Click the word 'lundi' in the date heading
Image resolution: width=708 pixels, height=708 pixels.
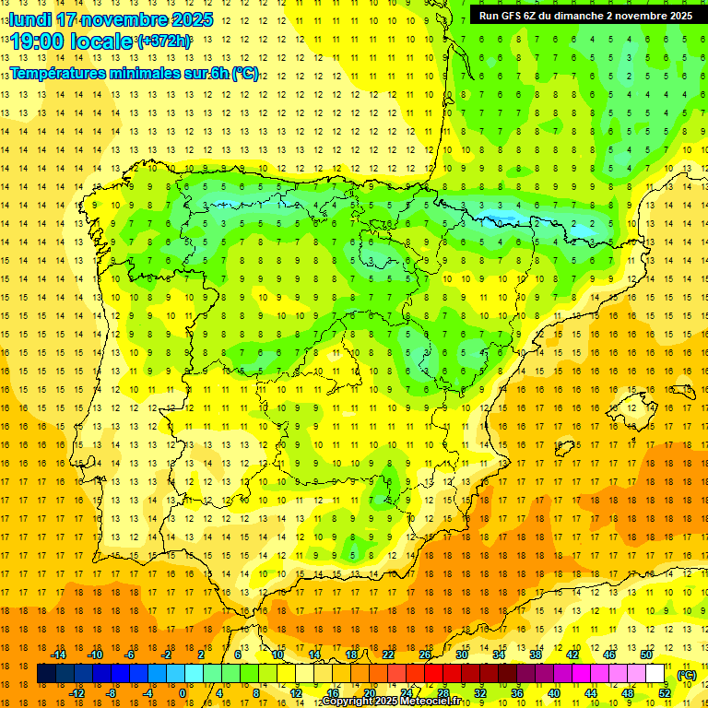(30, 19)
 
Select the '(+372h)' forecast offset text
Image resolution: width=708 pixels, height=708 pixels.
(164, 41)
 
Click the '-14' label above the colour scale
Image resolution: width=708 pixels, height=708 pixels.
(58, 654)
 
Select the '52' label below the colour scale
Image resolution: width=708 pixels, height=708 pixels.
(665, 692)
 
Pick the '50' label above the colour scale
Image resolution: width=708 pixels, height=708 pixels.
(646, 654)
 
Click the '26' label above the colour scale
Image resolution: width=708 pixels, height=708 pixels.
(425, 654)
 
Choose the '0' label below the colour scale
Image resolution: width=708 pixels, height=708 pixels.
(183, 692)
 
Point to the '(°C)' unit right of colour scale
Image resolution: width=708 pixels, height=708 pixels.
(686, 674)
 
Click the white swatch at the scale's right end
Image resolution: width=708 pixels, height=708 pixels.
(655, 674)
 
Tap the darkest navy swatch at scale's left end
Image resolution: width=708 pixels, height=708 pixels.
(46, 674)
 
